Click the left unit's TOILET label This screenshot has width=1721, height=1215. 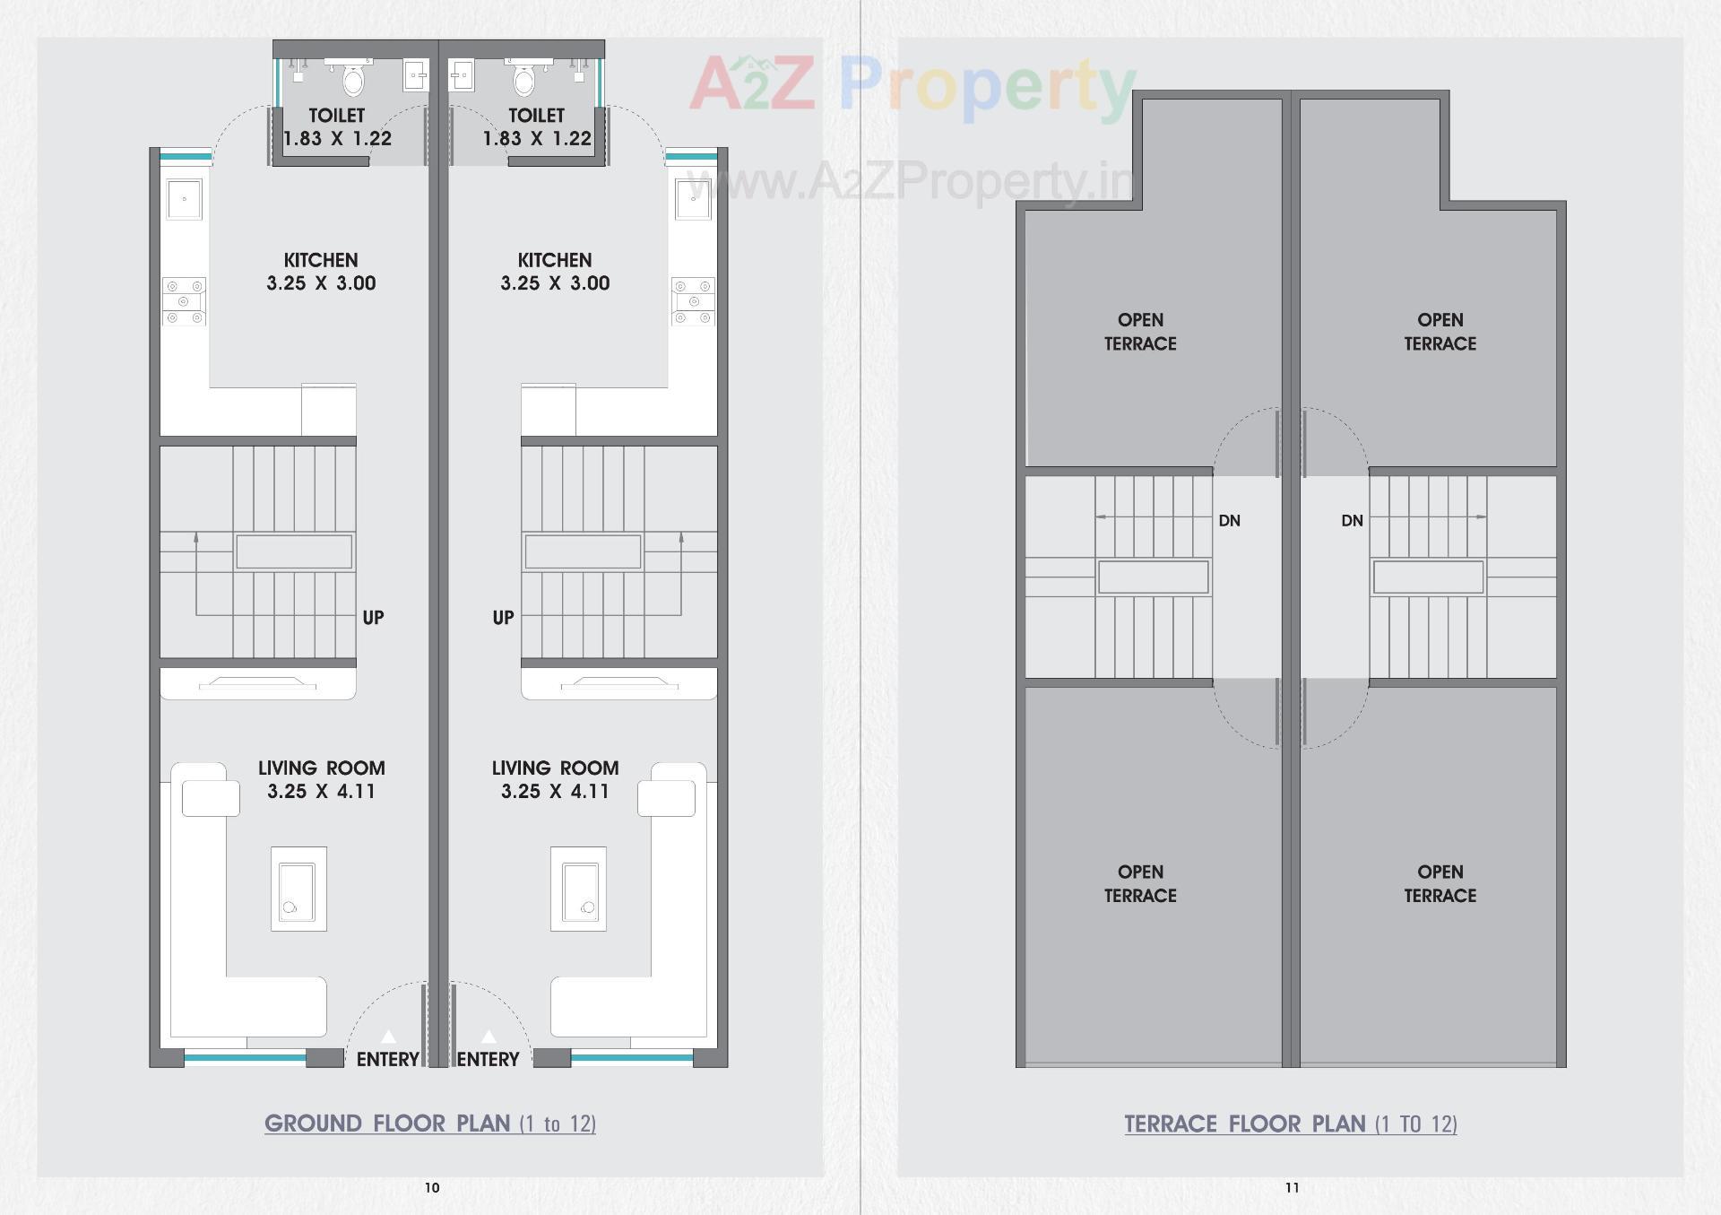(336, 116)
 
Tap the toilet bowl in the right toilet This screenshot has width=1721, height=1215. (524, 82)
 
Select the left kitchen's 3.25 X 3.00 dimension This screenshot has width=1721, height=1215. (321, 283)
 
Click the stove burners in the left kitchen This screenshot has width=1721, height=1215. (184, 301)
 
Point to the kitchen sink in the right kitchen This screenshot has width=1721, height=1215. (693, 199)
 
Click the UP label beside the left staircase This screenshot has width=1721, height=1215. (373, 618)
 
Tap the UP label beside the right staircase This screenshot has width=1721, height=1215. (503, 618)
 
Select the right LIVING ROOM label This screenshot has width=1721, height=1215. (555, 768)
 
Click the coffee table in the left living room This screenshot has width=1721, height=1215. (298, 889)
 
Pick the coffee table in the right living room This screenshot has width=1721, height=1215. (579, 889)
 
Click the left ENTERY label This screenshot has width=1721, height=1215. (387, 1059)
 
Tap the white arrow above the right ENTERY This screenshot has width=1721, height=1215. (489, 1037)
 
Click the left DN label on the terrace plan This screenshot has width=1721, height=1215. (1229, 521)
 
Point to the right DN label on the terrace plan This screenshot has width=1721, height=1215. (1352, 521)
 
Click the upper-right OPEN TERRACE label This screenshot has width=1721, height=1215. (1440, 332)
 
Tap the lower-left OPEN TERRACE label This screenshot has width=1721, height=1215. (1140, 883)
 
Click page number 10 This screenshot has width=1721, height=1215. (432, 1188)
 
